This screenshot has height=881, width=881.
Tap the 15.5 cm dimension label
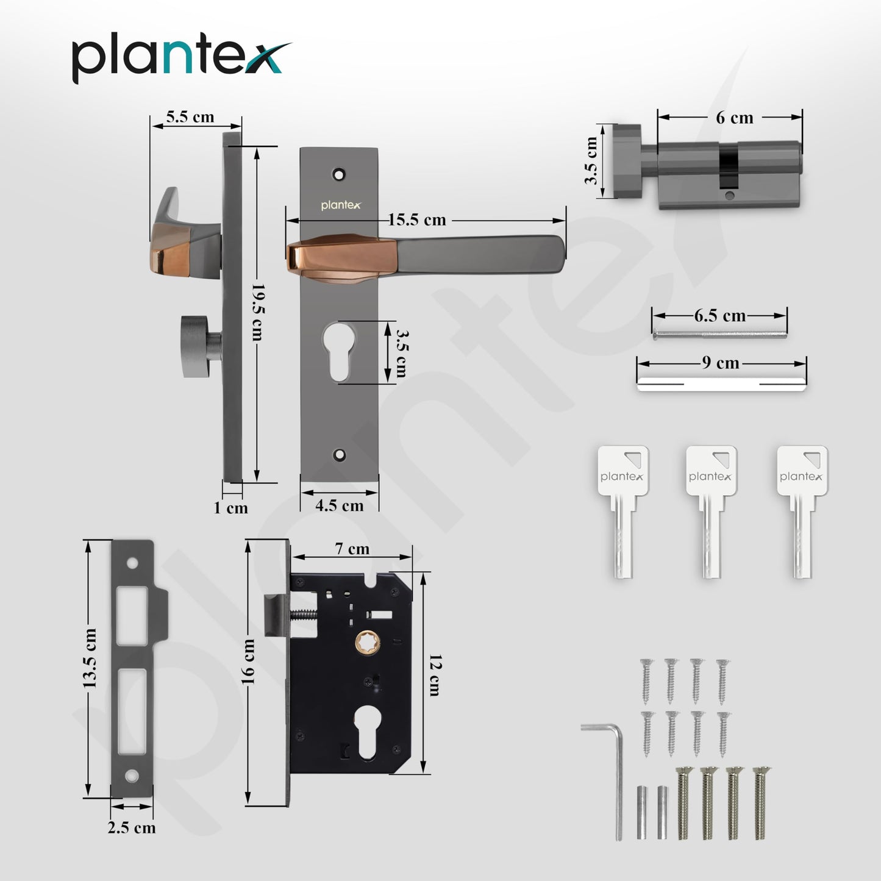tap(417, 220)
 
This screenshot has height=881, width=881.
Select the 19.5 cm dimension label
tap(259, 312)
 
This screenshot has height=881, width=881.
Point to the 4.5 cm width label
tap(339, 505)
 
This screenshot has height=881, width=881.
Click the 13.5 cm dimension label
tap(90, 658)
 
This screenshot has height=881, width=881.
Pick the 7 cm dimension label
tap(352, 549)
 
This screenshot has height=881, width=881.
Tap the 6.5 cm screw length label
tap(719, 315)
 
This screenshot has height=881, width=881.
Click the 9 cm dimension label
tap(721, 363)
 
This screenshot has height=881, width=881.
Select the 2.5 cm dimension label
tap(132, 827)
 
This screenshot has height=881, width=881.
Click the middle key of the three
tap(712, 511)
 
